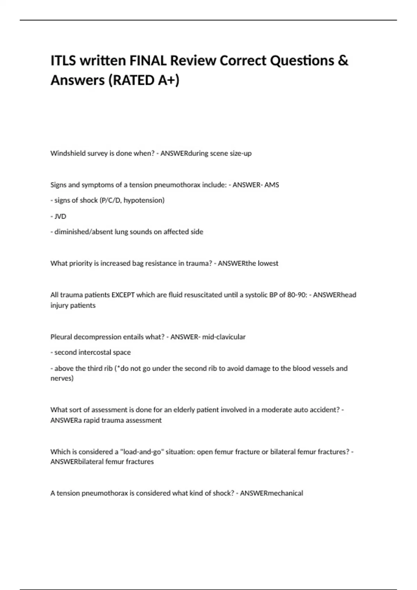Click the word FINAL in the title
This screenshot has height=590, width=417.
click(148, 61)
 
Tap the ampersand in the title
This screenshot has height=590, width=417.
click(343, 61)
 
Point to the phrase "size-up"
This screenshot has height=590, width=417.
click(240, 153)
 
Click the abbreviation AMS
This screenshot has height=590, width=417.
click(272, 185)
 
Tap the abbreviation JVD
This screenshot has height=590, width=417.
click(60, 216)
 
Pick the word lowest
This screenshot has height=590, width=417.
click(268, 263)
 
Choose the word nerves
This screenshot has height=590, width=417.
click(62, 378)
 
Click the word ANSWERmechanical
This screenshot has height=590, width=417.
click(271, 493)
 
